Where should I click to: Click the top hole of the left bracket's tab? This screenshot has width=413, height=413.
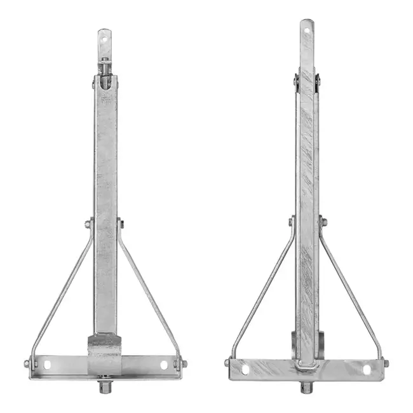click(105, 37)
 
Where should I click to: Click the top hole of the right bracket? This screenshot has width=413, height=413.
click(307, 29)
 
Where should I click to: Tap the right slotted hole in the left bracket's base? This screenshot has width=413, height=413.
click(164, 365)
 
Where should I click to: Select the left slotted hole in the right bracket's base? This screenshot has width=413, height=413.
click(245, 369)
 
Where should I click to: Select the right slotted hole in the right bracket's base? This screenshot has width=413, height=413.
click(367, 369)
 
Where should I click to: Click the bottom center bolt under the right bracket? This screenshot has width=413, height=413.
click(307, 386)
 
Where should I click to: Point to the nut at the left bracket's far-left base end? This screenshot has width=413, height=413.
click(27, 364)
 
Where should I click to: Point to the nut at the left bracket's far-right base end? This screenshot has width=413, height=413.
click(185, 364)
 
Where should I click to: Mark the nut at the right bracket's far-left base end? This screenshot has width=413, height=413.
click(227, 363)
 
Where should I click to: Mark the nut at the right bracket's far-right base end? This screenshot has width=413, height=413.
click(386, 363)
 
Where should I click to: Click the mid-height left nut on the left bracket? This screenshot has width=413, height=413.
click(88, 224)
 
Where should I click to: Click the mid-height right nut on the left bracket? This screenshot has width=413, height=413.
click(121, 224)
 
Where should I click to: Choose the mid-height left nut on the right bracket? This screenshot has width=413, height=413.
click(292, 222)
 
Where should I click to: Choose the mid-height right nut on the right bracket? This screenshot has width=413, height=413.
click(323, 222)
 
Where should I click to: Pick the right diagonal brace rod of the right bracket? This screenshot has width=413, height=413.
click(353, 292)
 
